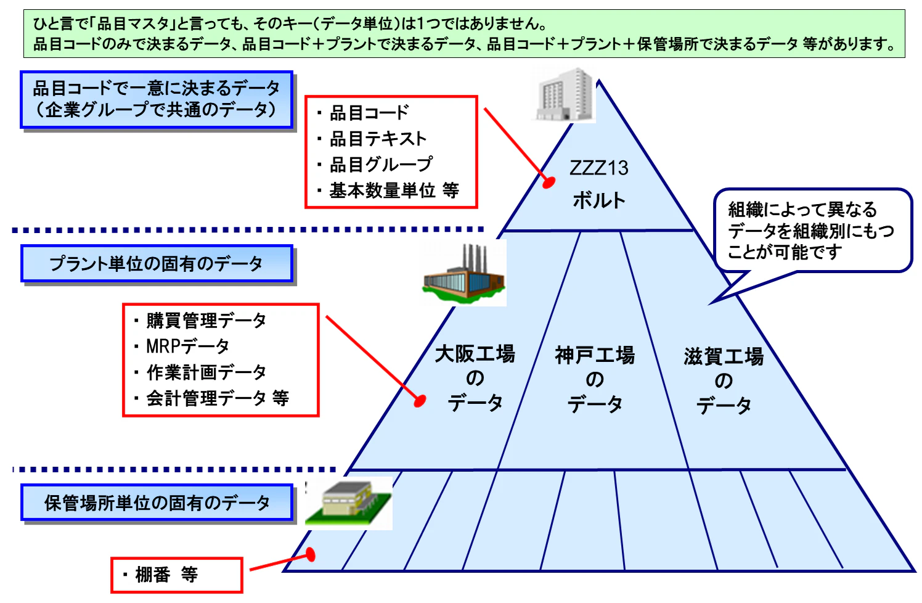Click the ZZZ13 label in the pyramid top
point(598,168)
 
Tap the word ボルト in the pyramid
point(598,200)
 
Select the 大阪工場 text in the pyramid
point(475,354)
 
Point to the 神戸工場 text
point(594,355)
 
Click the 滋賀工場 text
point(724,356)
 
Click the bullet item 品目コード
point(369,113)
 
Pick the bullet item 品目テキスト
point(378,139)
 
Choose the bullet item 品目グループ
point(381,165)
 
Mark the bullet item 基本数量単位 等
point(394,191)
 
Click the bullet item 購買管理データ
point(206,321)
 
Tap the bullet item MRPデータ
point(187,347)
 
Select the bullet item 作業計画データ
point(206,372)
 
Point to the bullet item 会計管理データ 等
point(217,398)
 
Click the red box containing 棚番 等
point(177,575)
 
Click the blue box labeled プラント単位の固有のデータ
point(157,264)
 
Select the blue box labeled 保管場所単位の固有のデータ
point(157,503)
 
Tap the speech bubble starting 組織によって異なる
point(812,231)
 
